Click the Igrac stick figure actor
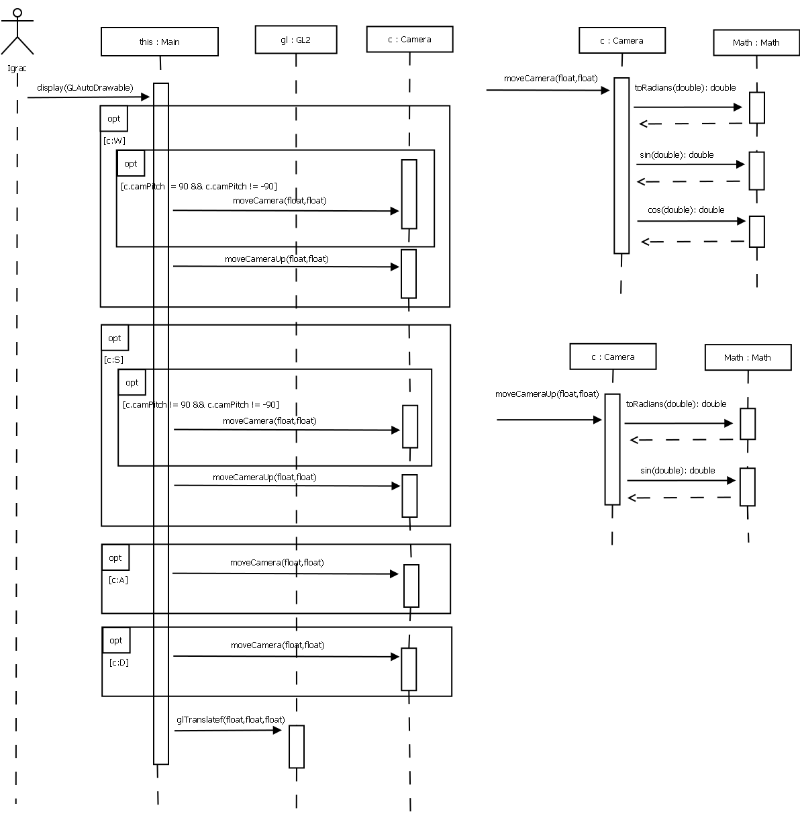pyautogui.click(x=17, y=32)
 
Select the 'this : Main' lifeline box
pyautogui.click(x=160, y=42)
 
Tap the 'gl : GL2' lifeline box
pyautogui.click(x=295, y=40)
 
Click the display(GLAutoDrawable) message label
pyautogui.click(x=85, y=87)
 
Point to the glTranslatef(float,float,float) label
pyautogui.click(x=230, y=719)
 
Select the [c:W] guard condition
pyautogui.click(x=114, y=140)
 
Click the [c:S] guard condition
pyautogui.click(x=114, y=359)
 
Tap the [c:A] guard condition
pyautogui.click(x=118, y=580)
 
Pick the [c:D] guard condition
pyautogui.click(x=119, y=662)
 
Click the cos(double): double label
pyautogui.click(x=686, y=210)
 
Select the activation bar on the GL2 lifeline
pyautogui.click(x=296, y=746)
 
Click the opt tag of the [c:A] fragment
pyautogui.click(x=115, y=557)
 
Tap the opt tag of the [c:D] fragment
pyautogui.click(x=116, y=640)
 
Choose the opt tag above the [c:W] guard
pyautogui.click(x=114, y=118)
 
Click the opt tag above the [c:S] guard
pyautogui.click(x=115, y=338)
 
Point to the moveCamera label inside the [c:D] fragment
pyautogui.click(x=277, y=645)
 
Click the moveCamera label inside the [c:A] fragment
pyautogui.click(x=277, y=562)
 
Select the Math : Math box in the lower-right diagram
pyautogui.click(x=748, y=357)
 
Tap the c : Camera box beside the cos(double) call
pyautogui.click(x=621, y=40)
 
